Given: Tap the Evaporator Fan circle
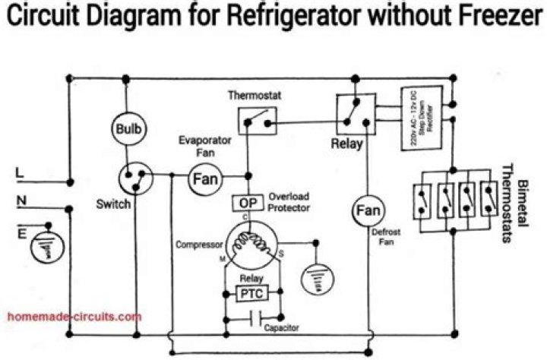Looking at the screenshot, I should pyautogui.click(x=204, y=180).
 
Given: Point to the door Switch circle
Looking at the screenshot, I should pyautogui.click(x=134, y=178).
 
